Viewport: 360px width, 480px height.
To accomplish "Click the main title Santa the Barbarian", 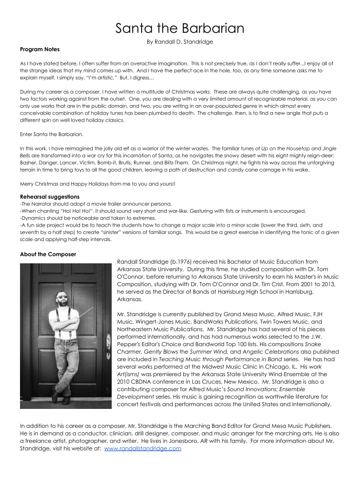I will point(179,28).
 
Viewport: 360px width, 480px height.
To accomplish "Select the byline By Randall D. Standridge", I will point(179,42).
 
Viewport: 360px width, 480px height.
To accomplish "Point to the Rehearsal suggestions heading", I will point(49,197).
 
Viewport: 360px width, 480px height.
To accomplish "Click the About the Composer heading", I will point(48,254).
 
